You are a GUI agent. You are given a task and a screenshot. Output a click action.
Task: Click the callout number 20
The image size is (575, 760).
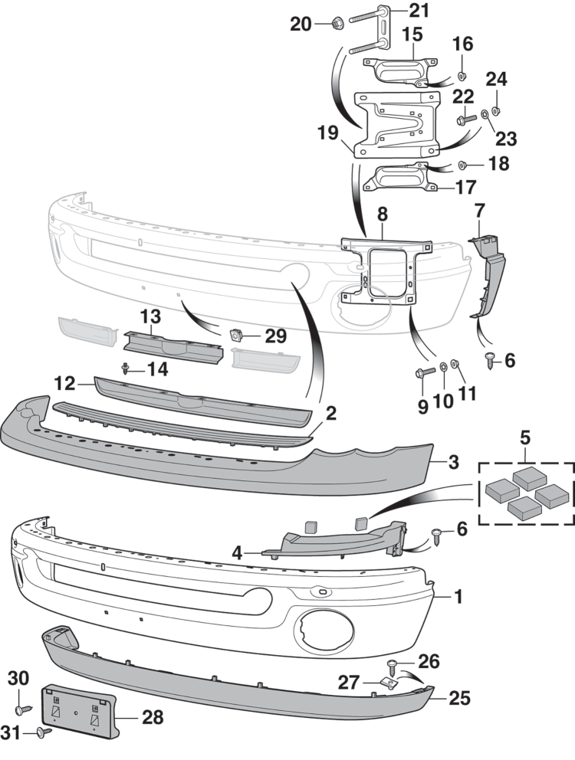pos(301,25)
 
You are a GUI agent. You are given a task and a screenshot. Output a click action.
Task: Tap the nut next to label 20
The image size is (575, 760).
pos(337,25)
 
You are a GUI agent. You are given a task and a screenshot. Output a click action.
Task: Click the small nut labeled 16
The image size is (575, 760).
pos(463,75)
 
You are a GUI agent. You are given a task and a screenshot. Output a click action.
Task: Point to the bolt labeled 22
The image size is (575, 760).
pos(465,120)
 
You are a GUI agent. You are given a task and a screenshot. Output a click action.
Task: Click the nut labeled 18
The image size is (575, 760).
pos(463,165)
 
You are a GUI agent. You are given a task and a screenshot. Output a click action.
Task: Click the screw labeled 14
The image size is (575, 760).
pos(124,369)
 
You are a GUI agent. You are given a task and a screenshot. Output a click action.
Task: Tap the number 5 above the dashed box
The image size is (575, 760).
pos(525,437)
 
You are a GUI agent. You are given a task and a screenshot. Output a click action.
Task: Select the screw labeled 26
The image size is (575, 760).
pos(393,661)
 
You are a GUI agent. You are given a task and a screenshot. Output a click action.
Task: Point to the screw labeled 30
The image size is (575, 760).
pos(20,709)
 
